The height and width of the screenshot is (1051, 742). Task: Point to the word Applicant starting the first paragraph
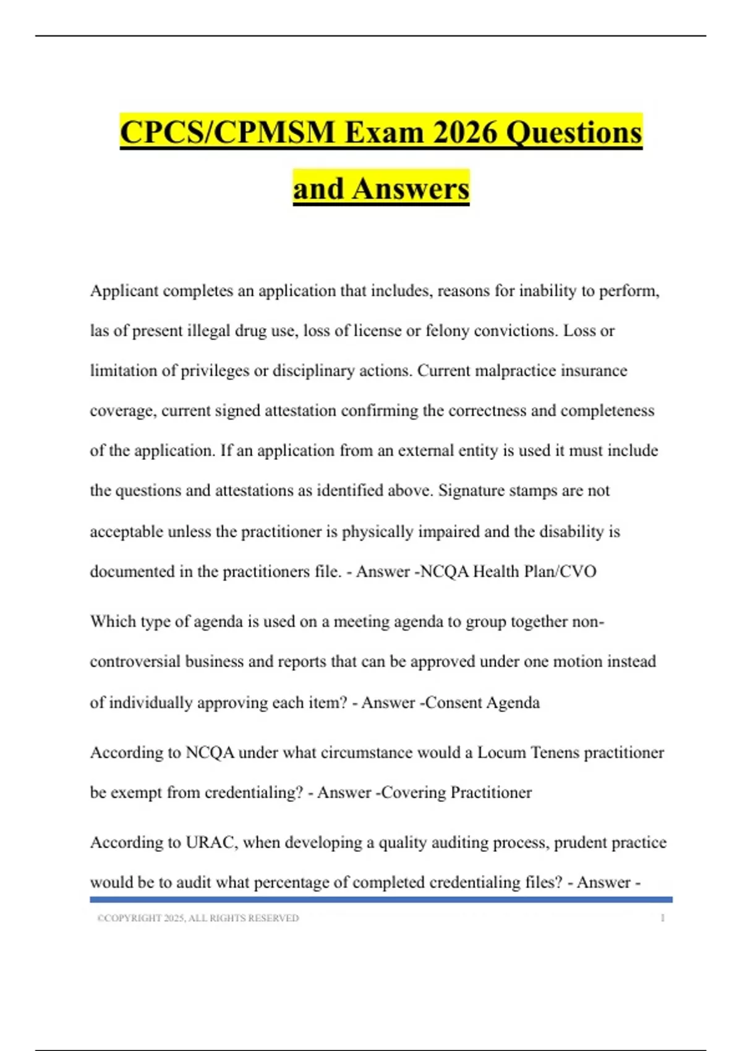tap(124, 291)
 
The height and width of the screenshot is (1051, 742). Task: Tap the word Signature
tap(470, 491)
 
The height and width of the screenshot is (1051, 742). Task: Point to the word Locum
tap(498, 753)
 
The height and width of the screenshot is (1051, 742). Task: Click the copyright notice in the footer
tap(198, 919)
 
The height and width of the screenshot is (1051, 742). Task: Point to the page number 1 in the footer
tap(662, 919)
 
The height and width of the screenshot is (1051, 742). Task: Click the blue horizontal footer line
tap(381, 900)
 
